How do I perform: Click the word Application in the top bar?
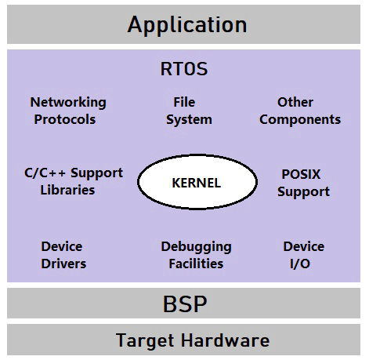coord(186,24)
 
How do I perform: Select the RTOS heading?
coord(184,70)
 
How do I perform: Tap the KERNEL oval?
coord(196,184)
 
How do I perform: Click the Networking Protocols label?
coord(68,111)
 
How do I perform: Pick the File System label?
coord(188,111)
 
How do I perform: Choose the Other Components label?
coord(299,111)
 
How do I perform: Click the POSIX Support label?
coord(303,183)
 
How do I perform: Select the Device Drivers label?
coord(63,255)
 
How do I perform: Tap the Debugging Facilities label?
coord(195,255)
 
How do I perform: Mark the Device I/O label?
coord(303,255)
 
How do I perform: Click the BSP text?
coord(183,303)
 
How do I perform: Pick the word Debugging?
coord(195,246)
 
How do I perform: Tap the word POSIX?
coord(301,174)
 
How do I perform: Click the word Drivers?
coord(63,264)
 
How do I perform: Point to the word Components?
coord(299,119)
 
